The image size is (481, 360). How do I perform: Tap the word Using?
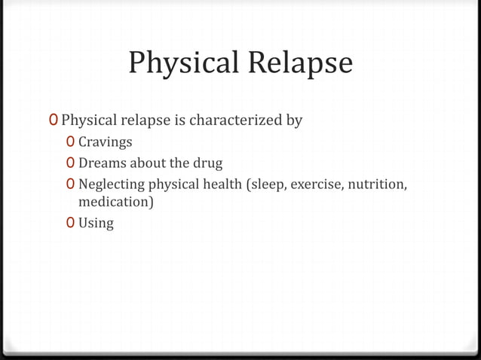97,223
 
